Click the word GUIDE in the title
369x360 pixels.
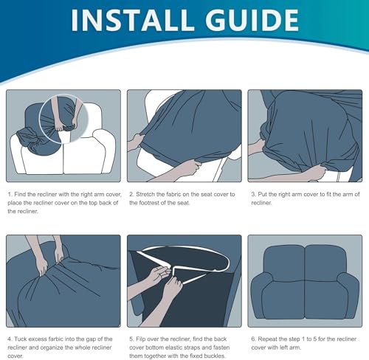pos(252,20)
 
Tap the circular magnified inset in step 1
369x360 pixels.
pos(64,119)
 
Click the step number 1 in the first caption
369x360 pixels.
pos(10,195)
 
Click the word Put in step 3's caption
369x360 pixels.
pos(262,194)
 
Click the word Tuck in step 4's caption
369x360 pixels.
pos(20,339)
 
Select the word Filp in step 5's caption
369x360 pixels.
pos(140,339)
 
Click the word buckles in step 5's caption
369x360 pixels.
pos(215,356)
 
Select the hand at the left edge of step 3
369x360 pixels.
pos(256,147)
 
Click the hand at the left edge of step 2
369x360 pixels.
pos(135,142)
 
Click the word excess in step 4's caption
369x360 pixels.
pos(37,339)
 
